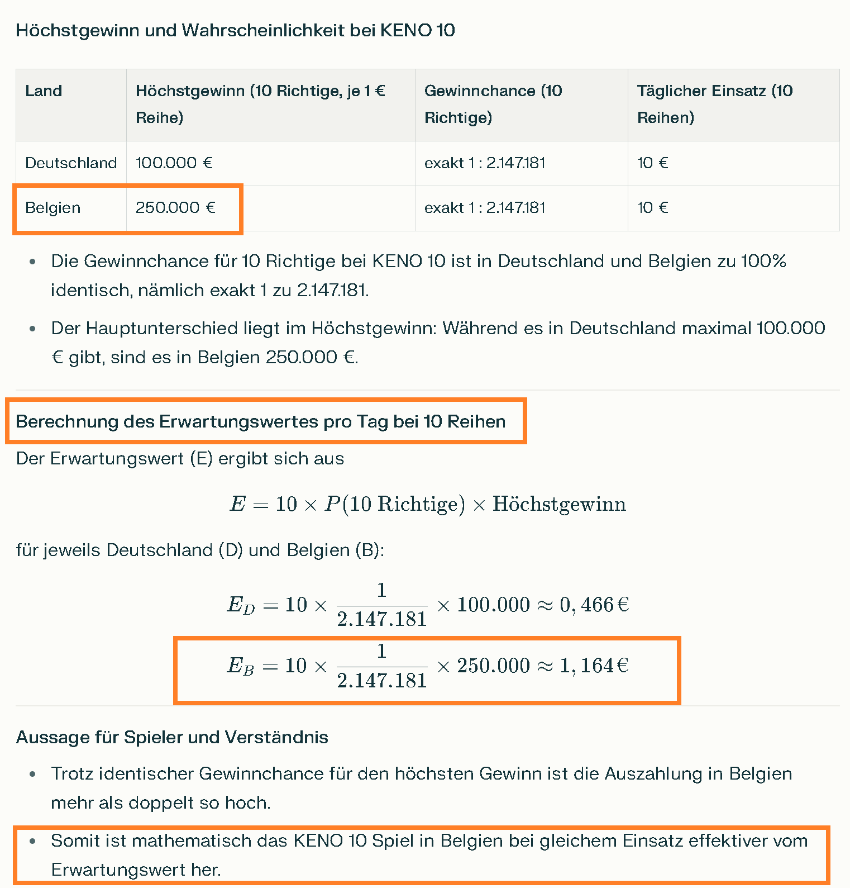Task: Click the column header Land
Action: coord(44,91)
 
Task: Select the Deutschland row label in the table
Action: coord(71,163)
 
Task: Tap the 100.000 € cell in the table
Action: coord(174,163)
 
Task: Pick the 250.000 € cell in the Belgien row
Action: coord(175,207)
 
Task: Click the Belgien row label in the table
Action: coord(53,207)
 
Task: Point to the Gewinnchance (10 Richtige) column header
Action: coord(493,104)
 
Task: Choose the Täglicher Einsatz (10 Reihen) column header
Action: coord(714,104)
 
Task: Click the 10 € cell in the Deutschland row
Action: coord(653,163)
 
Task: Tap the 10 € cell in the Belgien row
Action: coord(653,207)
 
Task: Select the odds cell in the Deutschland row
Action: coord(485,163)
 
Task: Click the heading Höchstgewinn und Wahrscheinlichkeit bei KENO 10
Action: coord(235,30)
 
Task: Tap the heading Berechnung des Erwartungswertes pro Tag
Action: coord(260,421)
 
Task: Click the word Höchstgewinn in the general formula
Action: coord(559,504)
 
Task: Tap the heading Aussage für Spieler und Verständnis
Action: coord(172,737)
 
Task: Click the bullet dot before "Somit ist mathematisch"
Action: coord(32,840)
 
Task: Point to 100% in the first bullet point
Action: coord(763,261)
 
